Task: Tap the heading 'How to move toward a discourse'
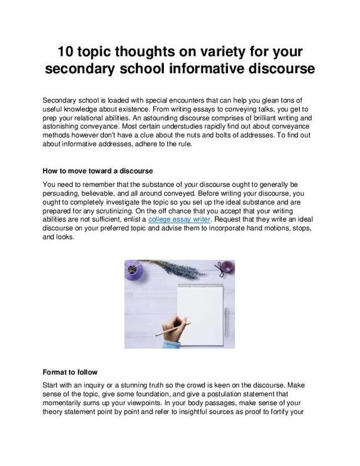(97, 171)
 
